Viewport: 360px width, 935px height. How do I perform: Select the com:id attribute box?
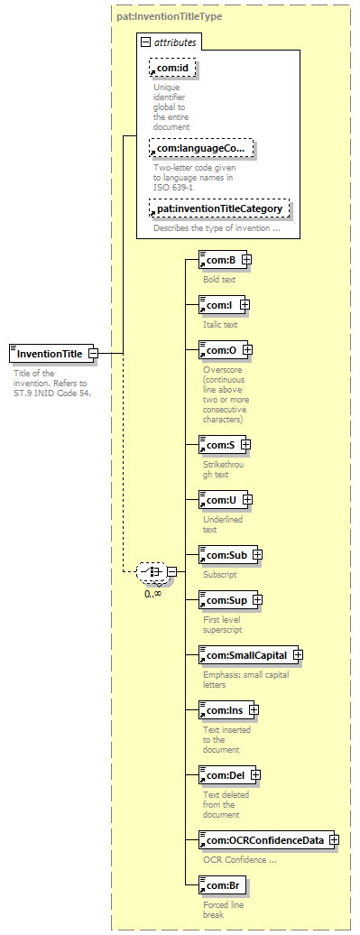172,69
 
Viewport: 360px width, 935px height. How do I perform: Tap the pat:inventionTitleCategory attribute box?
219,208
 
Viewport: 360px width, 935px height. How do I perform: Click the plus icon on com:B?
245,260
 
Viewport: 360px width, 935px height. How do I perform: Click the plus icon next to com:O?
246,350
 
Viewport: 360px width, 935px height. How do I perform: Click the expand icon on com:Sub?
257,554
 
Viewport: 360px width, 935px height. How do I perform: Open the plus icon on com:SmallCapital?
297,655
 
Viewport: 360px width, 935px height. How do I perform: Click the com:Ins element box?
229,711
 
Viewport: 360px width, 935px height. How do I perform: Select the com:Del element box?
230,775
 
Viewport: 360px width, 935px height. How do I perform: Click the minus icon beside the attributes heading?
145,42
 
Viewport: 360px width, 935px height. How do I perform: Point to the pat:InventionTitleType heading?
170,16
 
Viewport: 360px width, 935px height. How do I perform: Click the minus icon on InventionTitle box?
93,353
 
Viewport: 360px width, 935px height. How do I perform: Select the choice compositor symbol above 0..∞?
152,571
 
